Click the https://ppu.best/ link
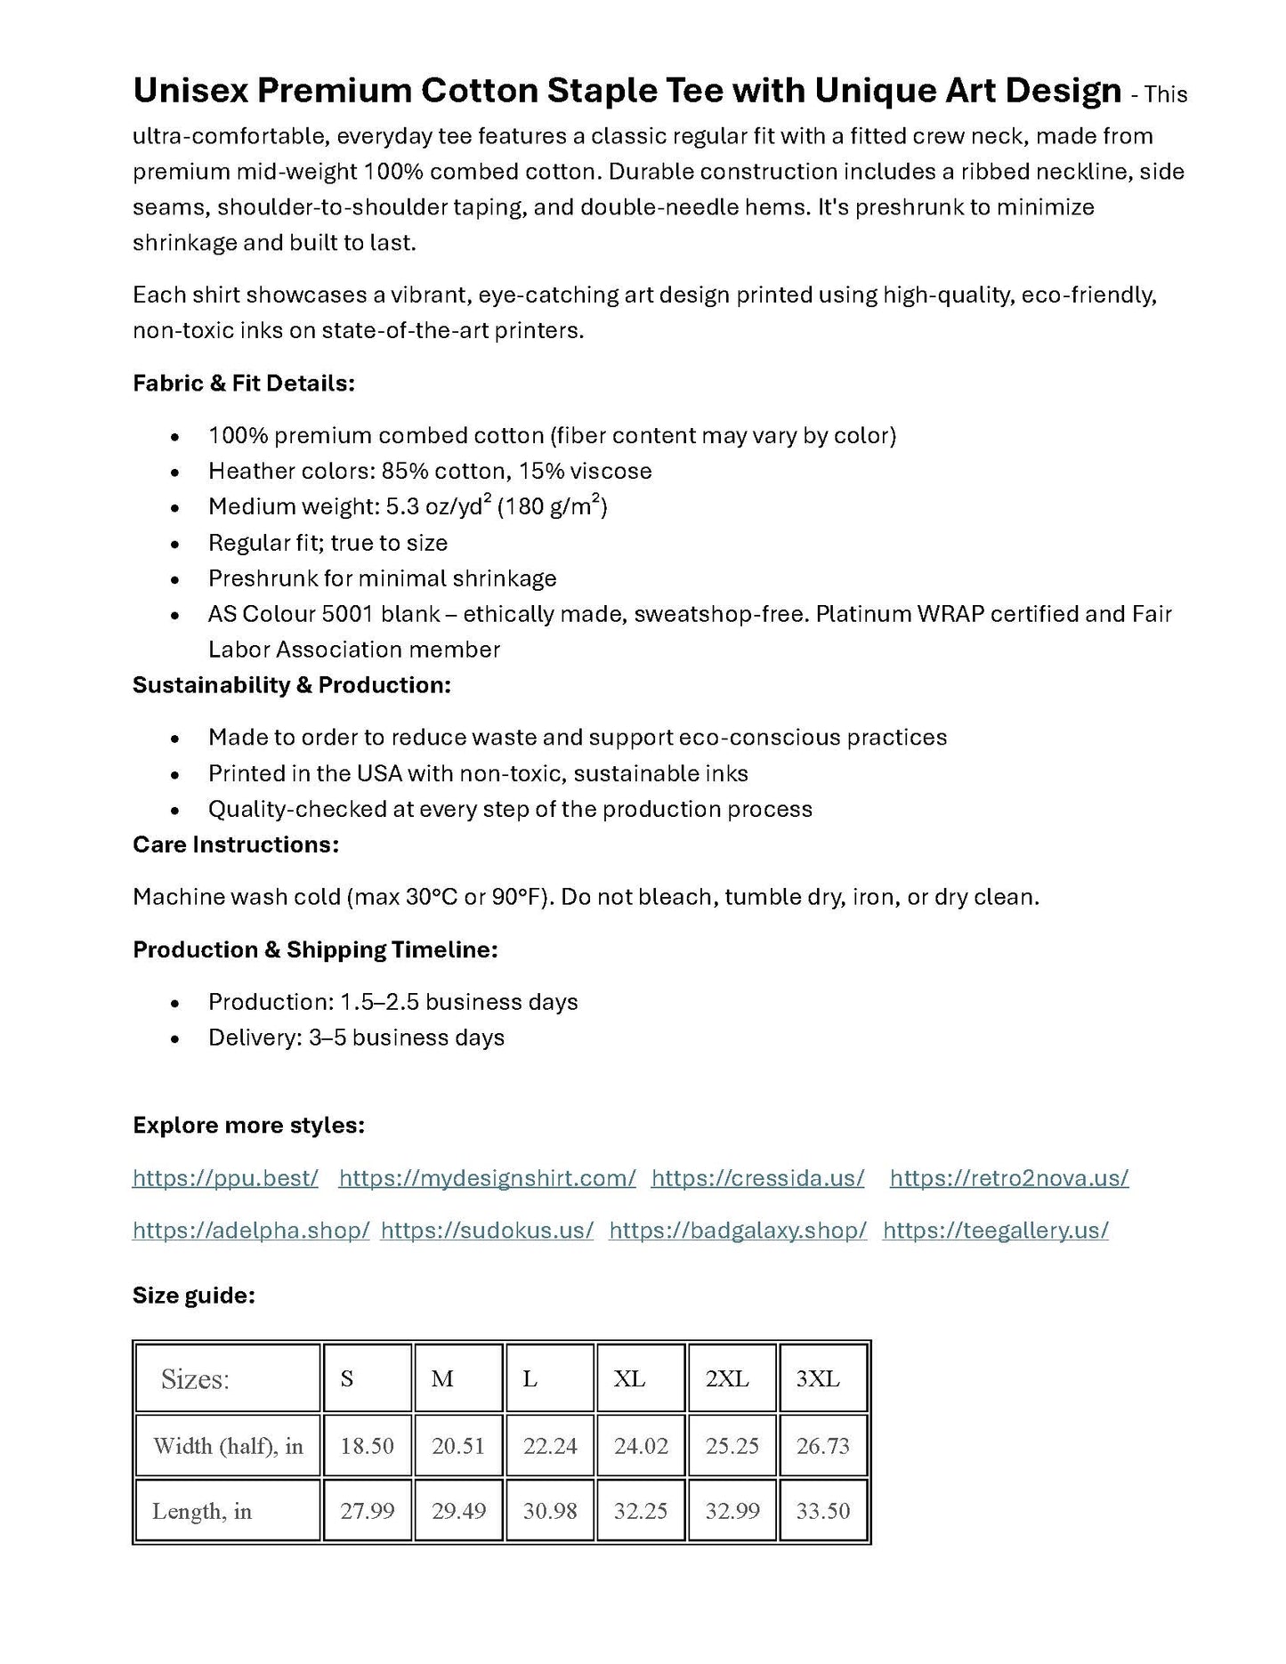pos(225,1178)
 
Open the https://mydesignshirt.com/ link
pos(487,1178)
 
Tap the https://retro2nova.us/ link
pos(1008,1178)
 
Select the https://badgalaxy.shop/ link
pos(738,1231)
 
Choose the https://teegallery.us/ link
pos(995,1231)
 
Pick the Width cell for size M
pos(458,1446)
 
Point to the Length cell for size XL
pos(641,1511)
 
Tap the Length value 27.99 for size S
pos(367,1511)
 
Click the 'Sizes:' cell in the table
pos(195,1379)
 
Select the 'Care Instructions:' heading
pos(236,844)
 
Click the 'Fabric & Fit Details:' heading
pos(244,384)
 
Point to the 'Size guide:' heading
pos(194,1296)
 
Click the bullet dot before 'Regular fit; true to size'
pos(176,544)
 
